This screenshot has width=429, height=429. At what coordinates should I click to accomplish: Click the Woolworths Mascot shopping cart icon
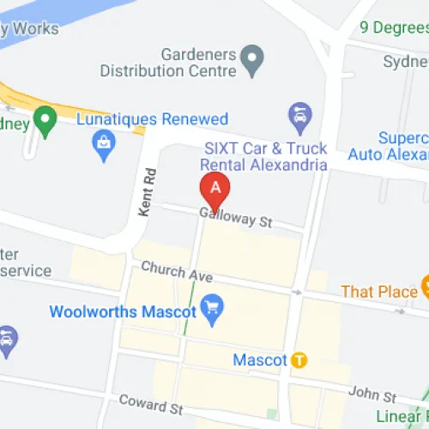(x=212, y=305)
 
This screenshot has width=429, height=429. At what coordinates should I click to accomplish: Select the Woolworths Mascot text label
(x=124, y=311)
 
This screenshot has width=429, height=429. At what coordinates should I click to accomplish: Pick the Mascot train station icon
(x=299, y=360)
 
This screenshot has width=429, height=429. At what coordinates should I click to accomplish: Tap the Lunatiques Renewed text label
(x=153, y=119)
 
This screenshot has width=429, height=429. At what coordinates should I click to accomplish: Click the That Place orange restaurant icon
(x=425, y=284)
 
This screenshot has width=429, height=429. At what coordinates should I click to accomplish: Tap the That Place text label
(x=378, y=292)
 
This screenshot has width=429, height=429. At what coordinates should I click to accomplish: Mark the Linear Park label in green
(x=405, y=417)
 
